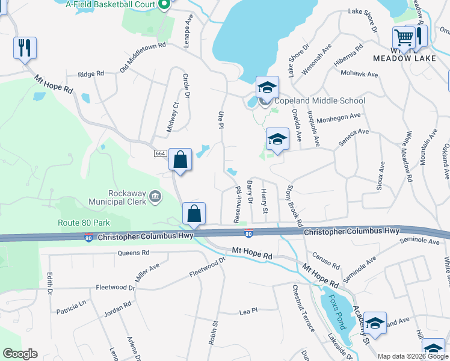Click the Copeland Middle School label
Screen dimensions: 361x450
pyautogui.click(x=319, y=101)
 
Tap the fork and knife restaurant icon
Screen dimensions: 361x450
pyautogui.click(x=25, y=48)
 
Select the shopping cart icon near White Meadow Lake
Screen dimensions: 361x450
pyautogui.click(x=403, y=37)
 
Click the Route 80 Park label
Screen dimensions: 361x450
pyautogui.click(x=83, y=223)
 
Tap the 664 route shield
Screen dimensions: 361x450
pyautogui.click(x=160, y=154)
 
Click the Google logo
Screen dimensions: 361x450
pyautogui.click(x=20, y=354)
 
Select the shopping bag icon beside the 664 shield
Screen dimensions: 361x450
pyautogui.click(x=180, y=160)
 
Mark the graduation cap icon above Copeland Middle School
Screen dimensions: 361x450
pyautogui.click(x=267, y=87)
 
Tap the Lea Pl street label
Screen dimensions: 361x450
pyautogui.click(x=248, y=311)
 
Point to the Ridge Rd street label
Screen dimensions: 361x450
pyautogui.click(x=91, y=74)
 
